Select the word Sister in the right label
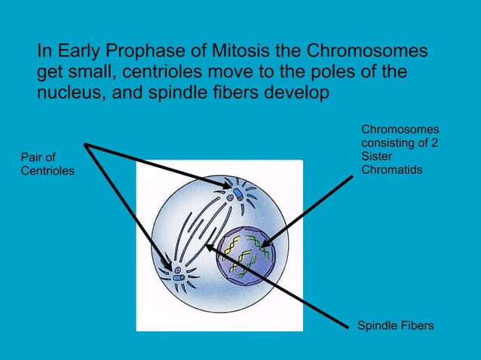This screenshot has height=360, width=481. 377,157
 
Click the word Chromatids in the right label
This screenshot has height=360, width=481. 392,169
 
